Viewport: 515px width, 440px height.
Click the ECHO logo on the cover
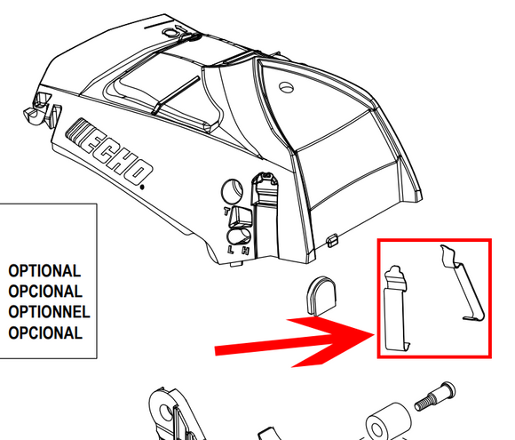tap(110, 151)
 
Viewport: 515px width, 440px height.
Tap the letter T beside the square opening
tap(226, 212)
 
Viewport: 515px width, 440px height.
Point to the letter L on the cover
tap(231, 250)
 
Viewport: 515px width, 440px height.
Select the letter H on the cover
tap(245, 251)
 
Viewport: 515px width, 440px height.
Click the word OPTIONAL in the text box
tap(44, 271)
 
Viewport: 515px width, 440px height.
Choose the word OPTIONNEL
tap(49, 312)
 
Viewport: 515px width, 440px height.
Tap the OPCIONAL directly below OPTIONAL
tap(45, 292)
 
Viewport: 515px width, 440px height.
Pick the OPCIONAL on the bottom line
tap(45, 332)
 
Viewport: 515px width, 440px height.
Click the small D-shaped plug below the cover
tap(321, 296)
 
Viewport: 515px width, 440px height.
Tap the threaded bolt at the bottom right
tap(434, 396)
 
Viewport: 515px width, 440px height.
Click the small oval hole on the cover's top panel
tap(287, 87)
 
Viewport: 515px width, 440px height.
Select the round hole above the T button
tap(233, 191)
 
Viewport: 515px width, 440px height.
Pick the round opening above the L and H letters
tap(239, 236)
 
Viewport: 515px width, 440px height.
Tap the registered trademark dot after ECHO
tap(142, 188)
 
